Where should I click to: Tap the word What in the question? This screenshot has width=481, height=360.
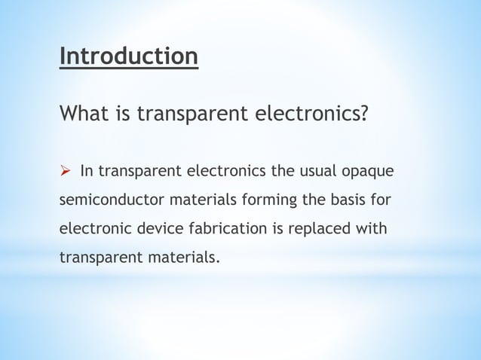point(81,115)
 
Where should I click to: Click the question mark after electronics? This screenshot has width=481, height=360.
point(364,115)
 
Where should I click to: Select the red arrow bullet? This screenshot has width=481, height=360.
point(66,171)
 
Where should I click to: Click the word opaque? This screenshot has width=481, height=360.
point(369,171)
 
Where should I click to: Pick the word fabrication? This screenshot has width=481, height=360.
point(222,229)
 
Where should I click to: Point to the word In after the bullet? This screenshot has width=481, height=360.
point(86,171)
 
